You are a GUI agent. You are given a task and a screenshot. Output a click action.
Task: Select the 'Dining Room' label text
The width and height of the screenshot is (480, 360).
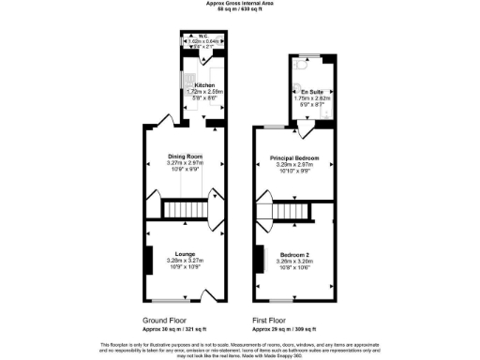pyautogui.click(x=185, y=157)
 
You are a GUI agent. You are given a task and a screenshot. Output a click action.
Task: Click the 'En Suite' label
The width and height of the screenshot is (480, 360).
pyautogui.click(x=307, y=91)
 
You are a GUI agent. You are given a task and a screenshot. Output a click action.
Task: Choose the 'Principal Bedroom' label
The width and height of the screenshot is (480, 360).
pyautogui.click(x=294, y=157)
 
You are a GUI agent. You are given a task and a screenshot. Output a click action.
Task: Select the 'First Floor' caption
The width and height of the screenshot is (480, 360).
pyautogui.click(x=270, y=320)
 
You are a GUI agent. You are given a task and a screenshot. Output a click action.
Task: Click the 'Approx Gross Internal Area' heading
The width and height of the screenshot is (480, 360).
pyautogui.click(x=240, y=4)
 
